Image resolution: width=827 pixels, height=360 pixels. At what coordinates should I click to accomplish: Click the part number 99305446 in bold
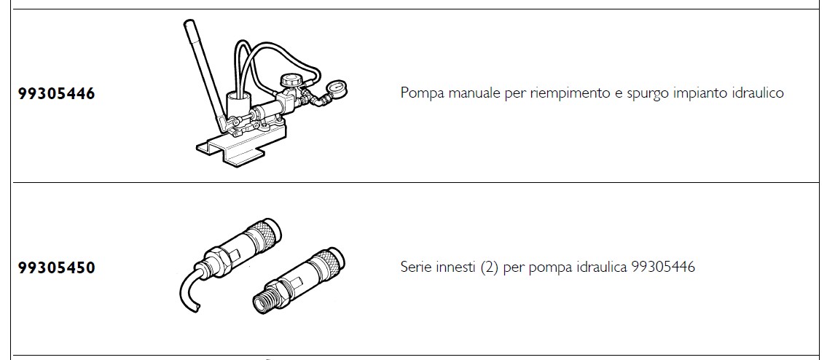(56, 93)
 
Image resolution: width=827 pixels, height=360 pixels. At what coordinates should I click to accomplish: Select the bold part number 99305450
(56, 267)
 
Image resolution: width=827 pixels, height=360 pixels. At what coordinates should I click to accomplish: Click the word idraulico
(758, 93)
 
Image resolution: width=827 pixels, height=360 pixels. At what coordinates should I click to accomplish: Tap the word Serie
(416, 267)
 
